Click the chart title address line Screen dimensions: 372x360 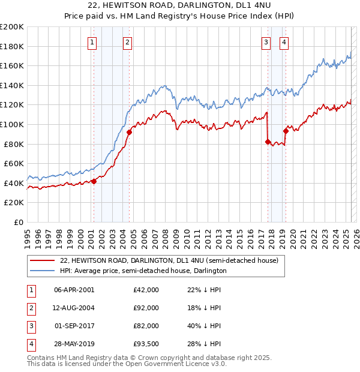(x=179, y=6)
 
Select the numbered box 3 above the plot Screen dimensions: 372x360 (x=266, y=42)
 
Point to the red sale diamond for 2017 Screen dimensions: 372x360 (x=268, y=142)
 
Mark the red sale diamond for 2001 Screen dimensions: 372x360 (x=94, y=181)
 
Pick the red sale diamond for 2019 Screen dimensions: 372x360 (x=286, y=131)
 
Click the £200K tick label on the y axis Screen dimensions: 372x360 (x=12, y=27)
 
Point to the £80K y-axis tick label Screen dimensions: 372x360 (x=14, y=144)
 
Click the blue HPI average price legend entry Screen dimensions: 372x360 (x=143, y=271)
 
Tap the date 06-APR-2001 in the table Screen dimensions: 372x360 (x=74, y=290)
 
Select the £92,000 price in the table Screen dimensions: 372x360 (x=146, y=308)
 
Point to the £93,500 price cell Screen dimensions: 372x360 (x=146, y=344)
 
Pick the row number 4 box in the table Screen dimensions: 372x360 (x=31, y=344)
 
